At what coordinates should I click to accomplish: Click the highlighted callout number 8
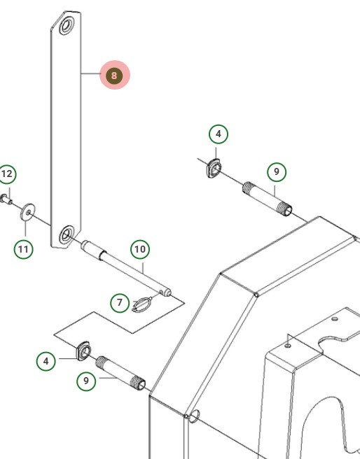point(114,76)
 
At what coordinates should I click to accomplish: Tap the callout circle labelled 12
point(7,174)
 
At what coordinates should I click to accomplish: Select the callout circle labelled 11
point(23,249)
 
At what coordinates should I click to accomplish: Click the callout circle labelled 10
point(140,249)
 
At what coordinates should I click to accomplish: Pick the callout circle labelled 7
point(120,303)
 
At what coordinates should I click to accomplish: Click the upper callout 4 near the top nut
point(219,134)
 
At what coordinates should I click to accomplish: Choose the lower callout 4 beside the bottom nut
point(46,361)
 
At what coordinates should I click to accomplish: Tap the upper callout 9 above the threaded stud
point(277,172)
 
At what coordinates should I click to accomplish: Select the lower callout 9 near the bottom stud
point(86,381)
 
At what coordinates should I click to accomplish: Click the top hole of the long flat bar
point(67,26)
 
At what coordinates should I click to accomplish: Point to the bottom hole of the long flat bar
point(67,234)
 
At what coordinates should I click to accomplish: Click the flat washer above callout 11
point(27,212)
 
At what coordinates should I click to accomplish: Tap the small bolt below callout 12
point(6,199)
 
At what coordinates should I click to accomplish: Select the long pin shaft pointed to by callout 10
point(126,268)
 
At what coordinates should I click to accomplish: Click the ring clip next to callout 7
point(141,304)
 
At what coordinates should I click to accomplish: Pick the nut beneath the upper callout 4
point(214,168)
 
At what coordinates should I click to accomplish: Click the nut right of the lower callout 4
point(83,351)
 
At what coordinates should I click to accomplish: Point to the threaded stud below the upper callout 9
point(267,199)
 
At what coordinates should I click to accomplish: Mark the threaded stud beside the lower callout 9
point(120,373)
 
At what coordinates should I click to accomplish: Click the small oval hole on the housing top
point(335,319)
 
